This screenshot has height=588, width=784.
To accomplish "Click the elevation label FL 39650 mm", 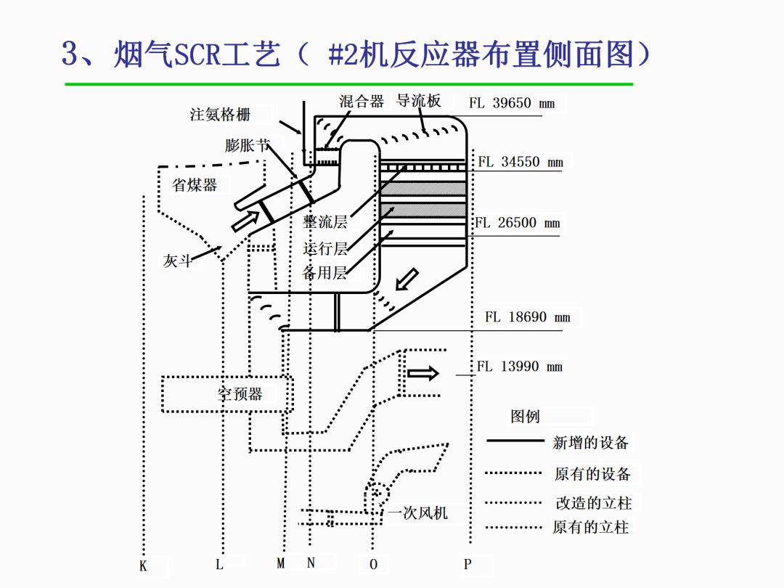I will click(x=511, y=103).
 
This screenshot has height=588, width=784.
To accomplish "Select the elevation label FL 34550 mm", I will click(x=520, y=162).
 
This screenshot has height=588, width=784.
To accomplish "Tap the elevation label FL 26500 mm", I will click(x=518, y=223).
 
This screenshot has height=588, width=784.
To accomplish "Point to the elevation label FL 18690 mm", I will click(x=528, y=317).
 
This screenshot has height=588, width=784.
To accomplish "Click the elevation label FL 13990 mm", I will click(x=519, y=367).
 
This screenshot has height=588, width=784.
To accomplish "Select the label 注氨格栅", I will click(x=220, y=115).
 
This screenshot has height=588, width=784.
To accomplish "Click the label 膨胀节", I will click(x=247, y=145).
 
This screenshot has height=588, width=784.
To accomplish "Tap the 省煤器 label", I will click(x=195, y=185).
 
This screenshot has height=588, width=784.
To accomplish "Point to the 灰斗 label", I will click(x=177, y=261).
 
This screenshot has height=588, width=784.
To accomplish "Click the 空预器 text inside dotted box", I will click(x=240, y=394).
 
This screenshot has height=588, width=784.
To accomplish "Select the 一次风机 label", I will click(x=417, y=513).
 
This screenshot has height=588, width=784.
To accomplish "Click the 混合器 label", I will click(x=362, y=101).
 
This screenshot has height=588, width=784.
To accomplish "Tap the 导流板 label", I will click(x=419, y=100).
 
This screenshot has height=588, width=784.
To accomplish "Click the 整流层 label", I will click(x=325, y=222).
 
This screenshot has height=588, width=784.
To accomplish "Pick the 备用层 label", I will click(x=324, y=273).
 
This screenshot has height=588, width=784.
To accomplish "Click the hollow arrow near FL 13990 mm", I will click(x=423, y=374).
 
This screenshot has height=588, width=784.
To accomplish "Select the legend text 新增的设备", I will click(x=590, y=442).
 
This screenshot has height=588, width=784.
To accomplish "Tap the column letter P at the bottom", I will click(x=467, y=564).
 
